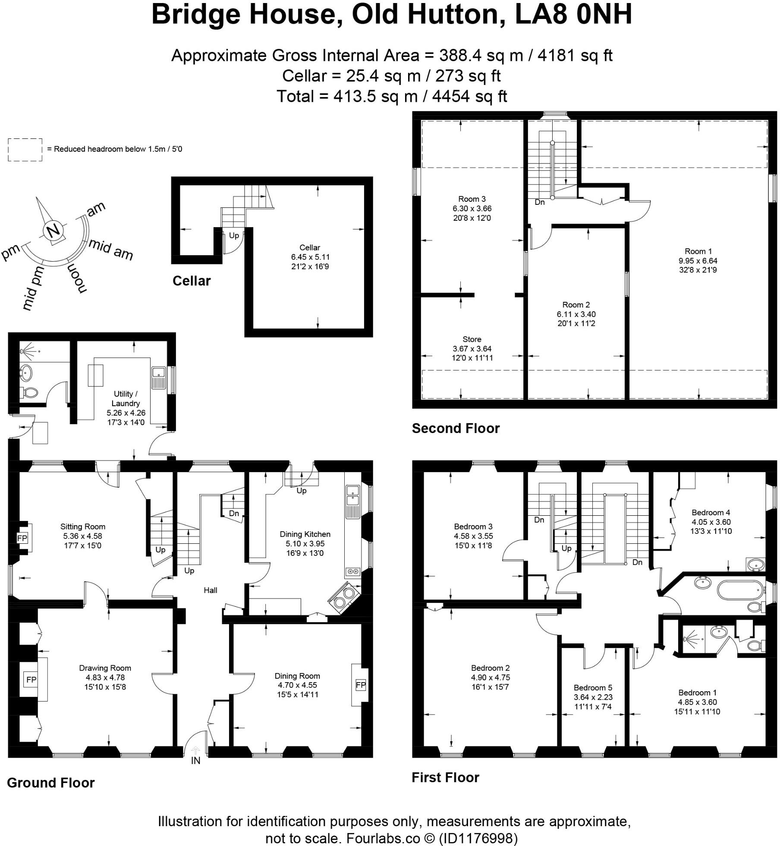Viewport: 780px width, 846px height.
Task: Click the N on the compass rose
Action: [53, 232]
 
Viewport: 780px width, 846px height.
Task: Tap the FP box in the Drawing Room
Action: [31, 680]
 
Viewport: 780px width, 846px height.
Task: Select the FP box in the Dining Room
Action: [361, 685]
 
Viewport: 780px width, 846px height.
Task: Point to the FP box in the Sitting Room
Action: [22, 538]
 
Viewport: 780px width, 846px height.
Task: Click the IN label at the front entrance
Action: [196, 761]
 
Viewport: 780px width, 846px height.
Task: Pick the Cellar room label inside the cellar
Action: [310, 248]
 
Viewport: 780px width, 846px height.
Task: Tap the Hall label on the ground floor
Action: [211, 590]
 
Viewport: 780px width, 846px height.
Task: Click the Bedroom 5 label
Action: [593, 688]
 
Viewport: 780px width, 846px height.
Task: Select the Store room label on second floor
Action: [472, 339]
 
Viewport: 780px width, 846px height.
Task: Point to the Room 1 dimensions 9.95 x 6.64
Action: [698, 260]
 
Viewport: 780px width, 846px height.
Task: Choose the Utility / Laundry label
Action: [126, 398]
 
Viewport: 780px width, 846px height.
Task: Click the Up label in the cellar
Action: [234, 235]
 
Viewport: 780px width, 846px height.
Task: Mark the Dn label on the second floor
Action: [539, 202]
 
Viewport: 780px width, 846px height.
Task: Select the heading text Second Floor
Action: [456, 428]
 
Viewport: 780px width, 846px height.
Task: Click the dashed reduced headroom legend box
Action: [25, 150]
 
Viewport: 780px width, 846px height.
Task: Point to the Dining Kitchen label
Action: [305, 534]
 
